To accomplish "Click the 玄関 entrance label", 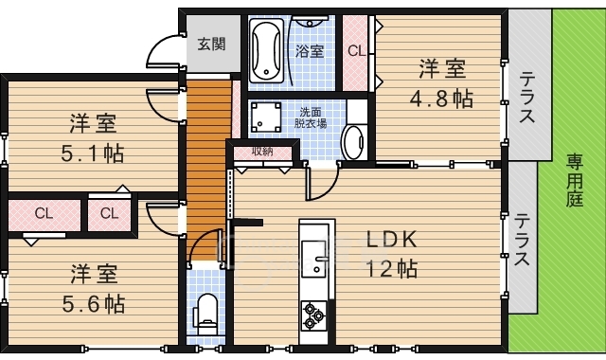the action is pyautogui.click(x=211, y=45).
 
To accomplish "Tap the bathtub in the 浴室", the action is pyautogui.click(x=265, y=50).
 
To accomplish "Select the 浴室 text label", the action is pyautogui.click(x=310, y=50).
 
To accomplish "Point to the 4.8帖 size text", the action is pyautogui.click(x=441, y=99).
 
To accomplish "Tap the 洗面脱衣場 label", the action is pyautogui.click(x=311, y=117).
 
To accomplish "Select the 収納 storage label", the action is pyautogui.click(x=263, y=152).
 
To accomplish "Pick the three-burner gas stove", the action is pyautogui.click(x=313, y=315).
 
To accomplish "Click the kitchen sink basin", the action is pyautogui.click(x=313, y=259).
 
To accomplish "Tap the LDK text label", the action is pyautogui.click(x=391, y=240).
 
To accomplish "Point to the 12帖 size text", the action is pyautogui.click(x=391, y=268).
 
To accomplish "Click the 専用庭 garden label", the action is pyautogui.click(x=575, y=180).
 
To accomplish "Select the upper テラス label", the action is pyautogui.click(x=526, y=98).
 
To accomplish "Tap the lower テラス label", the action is pyautogui.click(x=522, y=240).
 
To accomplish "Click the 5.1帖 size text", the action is pyautogui.click(x=93, y=153).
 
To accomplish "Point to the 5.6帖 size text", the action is pyautogui.click(x=93, y=304).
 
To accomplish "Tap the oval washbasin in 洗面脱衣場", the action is pyautogui.click(x=353, y=141).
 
